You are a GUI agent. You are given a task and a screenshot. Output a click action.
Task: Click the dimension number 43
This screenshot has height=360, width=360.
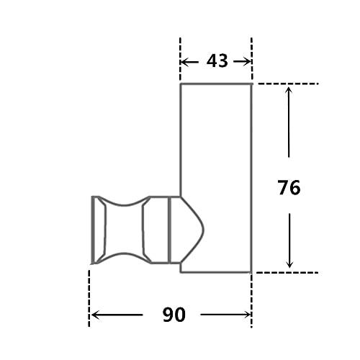[217, 61]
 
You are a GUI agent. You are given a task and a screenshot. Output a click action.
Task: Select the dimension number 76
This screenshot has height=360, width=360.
[289, 188]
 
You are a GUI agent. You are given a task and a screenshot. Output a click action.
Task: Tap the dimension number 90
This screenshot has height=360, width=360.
[174, 315]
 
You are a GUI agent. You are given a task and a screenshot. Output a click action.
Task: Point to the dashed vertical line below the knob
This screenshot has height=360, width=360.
[89, 295]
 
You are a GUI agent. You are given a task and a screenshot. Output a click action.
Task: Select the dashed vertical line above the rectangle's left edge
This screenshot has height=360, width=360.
[180, 58]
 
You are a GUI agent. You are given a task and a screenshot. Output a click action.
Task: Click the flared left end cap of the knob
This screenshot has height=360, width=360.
[96, 228]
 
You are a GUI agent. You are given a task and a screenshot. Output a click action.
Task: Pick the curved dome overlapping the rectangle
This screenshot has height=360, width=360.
[191, 228]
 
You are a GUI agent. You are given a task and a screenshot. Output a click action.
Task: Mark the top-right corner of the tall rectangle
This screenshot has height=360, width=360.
[251, 84]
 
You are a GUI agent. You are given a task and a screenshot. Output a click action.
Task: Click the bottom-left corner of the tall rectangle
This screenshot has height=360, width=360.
[180, 272]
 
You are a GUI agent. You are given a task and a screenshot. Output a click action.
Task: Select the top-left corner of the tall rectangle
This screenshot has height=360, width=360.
[180, 84]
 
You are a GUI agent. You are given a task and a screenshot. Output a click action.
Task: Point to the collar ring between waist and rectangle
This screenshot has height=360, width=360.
[173, 228]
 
